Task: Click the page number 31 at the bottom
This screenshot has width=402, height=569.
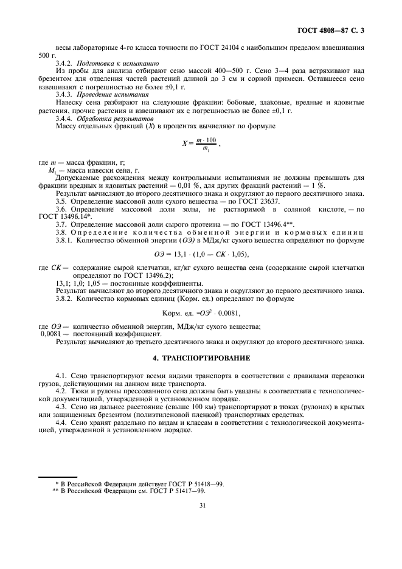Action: coord(201,503)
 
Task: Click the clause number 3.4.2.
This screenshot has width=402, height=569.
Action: coord(64,63)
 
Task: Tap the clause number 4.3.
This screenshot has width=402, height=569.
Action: coord(62,405)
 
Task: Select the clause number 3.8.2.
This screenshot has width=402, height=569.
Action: coord(66,299)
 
